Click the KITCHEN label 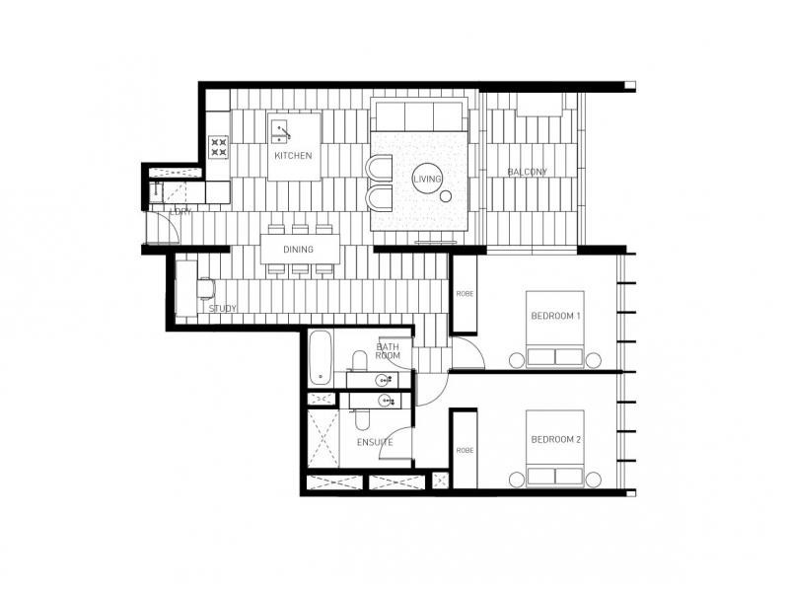pyautogui.click(x=294, y=156)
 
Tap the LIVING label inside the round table pyautogui.click(x=427, y=179)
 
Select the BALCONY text pyautogui.click(x=527, y=172)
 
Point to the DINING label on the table pyautogui.click(x=299, y=249)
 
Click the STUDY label pyautogui.click(x=223, y=309)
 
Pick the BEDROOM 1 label pyautogui.click(x=555, y=316)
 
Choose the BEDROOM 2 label pyautogui.click(x=555, y=439)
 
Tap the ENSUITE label pyautogui.click(x=375, y=442)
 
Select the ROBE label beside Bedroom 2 pyautogui.click(x=464, y=450)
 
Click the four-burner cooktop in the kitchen pyautogui.click(x=219, y=147)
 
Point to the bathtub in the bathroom pyautogui.click(x=320, y=358)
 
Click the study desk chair pyautogui.click(x=206, y=288)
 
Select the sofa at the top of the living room pyautogui.click(x=418, y=114)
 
